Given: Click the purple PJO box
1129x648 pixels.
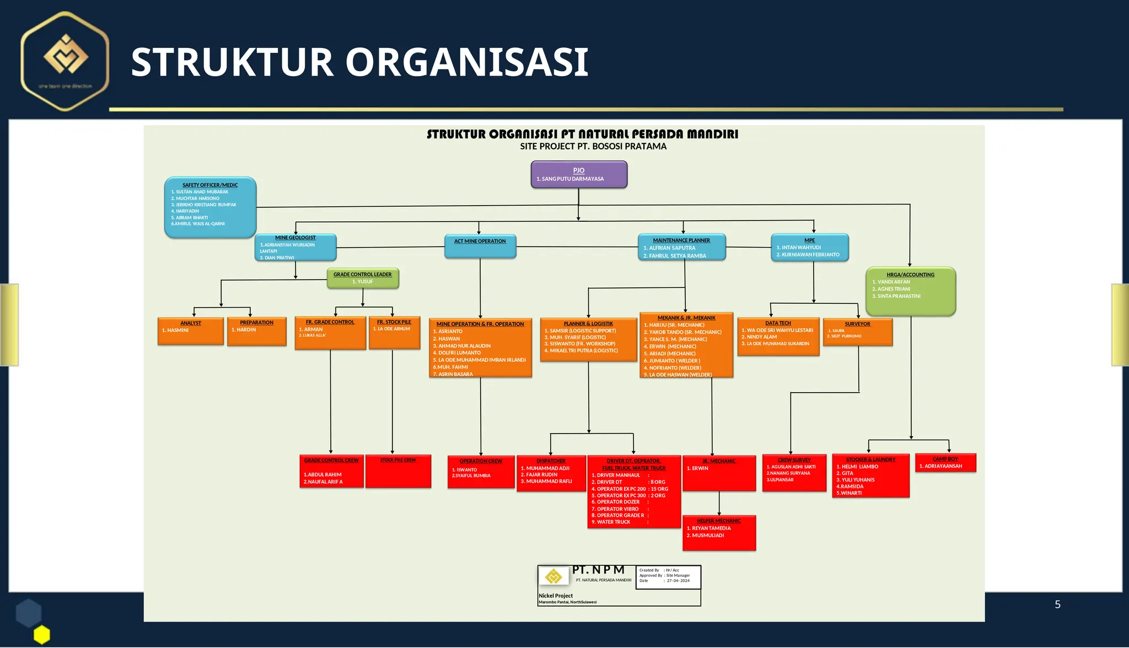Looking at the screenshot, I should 579,174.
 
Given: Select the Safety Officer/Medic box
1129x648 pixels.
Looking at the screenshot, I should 210,207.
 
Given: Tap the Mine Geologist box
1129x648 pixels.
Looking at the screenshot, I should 295,248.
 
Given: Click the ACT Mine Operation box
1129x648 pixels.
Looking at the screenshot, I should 480,246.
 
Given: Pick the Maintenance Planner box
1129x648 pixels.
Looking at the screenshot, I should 681,247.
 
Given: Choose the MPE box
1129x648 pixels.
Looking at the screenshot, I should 809,248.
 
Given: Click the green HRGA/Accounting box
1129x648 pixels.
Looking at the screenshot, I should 910,292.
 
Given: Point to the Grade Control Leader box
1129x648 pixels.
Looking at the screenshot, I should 363,278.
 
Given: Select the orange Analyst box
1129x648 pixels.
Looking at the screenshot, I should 191,331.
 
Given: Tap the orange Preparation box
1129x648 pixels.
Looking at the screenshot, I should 257,331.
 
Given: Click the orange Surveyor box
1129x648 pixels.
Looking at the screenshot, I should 857,332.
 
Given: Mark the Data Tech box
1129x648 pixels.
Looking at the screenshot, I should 778,336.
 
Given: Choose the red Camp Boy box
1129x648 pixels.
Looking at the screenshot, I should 945,463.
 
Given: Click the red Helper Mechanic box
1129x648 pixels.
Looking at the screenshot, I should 719,533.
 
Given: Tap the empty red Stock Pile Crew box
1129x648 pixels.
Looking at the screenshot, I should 398,472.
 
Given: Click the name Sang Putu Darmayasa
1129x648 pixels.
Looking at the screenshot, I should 573,179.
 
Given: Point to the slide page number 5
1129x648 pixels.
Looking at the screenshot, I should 1057,604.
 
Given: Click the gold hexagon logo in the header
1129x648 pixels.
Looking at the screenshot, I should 66,61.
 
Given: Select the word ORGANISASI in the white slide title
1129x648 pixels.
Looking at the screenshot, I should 467,62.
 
